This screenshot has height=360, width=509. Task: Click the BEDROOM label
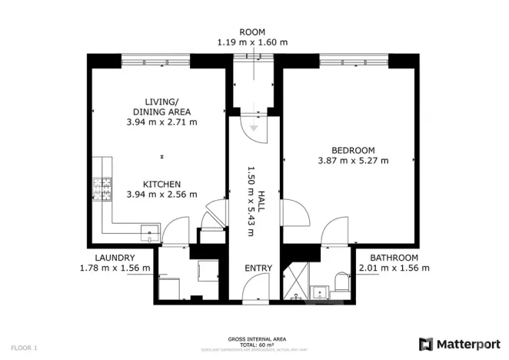point(353,150)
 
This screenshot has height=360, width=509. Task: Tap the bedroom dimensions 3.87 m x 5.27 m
point(353,161)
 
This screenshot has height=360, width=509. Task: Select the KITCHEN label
point(161,184)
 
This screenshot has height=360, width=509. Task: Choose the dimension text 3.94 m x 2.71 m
point(161,122)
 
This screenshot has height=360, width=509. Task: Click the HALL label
point(261,202)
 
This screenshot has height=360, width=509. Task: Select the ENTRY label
point(258,268)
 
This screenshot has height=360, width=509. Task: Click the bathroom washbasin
point(320,291)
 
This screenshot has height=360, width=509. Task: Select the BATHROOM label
point(394,258)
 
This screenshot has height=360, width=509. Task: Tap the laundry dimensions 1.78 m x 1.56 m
point(115,268)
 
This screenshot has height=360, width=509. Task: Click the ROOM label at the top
point(251,32)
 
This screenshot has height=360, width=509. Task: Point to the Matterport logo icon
point(426,343)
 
